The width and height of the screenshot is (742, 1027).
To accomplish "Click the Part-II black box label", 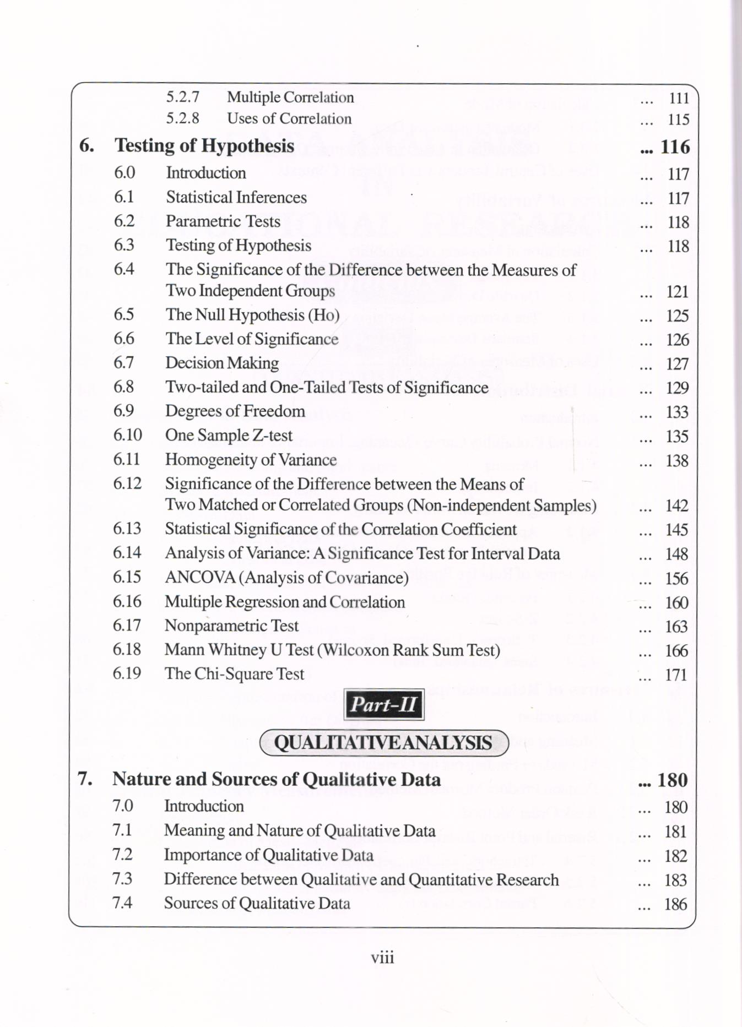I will (x=383, y=704).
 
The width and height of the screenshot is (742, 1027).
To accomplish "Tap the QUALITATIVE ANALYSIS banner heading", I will (x=383, y=743).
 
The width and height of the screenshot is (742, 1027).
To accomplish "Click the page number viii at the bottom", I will (x=382, y=958).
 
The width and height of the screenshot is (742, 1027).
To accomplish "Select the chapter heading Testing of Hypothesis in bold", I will (x=204, y=145).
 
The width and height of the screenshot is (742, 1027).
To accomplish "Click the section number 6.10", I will (x=127, y=435).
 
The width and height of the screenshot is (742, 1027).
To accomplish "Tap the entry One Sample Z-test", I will (x=229, y=436).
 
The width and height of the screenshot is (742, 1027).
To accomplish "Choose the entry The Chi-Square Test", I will (x=234, y=673).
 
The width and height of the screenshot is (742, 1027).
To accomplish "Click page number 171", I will (x=676, y=675).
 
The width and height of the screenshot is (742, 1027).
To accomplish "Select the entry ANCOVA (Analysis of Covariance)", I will (x=286, y=577).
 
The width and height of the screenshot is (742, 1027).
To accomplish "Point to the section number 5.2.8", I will (x=182, y=118).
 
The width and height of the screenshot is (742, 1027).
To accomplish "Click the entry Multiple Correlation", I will (x=290, y=97).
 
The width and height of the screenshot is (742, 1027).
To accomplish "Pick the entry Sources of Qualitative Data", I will (x=257, y=903).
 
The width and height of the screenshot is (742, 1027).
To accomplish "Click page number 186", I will (x=675, y=904).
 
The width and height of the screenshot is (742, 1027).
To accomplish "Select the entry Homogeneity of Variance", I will (x=251, y=460).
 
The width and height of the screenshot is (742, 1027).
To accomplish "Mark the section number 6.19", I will (x=127, y=673).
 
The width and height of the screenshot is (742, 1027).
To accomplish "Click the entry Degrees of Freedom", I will (x=235, y=411).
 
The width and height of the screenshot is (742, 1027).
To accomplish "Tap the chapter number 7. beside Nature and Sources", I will (x=85, y=779).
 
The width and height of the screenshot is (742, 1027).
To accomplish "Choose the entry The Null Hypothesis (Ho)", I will (x=252, y=315).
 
